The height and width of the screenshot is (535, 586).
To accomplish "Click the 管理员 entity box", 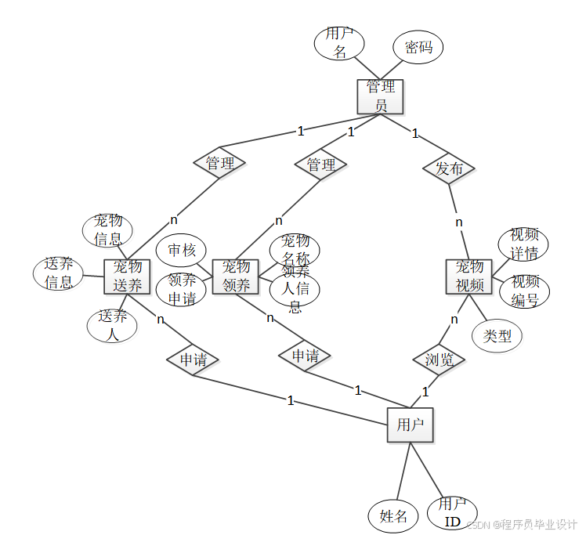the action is tap(381, 96).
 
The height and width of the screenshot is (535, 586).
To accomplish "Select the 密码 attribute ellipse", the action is tap(418, 48).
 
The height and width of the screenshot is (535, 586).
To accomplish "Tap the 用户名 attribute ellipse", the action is tap(339, 43).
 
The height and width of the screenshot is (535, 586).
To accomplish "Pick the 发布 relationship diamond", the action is tap(449, 168).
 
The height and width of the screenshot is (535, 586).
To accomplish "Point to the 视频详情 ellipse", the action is tap(523, 244).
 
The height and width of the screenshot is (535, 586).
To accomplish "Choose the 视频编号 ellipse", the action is tap(524, 291).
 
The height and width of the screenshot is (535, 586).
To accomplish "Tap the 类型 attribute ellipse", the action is tap(497, 336).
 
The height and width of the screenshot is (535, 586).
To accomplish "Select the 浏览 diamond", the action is tap(439, 360).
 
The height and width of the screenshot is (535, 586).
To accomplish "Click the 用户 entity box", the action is tap(410, 425).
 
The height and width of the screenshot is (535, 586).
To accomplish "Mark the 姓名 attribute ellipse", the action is tap(393, 516).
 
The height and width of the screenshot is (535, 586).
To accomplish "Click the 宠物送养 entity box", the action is tap(127, 276).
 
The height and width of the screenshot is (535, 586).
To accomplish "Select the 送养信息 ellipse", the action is tap(59, 273).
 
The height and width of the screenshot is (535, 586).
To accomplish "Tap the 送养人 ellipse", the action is tap(112, 325).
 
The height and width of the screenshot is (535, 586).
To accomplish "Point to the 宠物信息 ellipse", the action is tap(107, 230).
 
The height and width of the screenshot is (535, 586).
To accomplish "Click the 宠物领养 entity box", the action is tap(236, 276).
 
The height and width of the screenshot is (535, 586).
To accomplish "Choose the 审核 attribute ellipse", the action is tap(181, 251).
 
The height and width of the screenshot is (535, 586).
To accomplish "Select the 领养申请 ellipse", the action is tap(181, 290).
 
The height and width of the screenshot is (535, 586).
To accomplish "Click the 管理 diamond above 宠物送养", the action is tap(220, 164).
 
